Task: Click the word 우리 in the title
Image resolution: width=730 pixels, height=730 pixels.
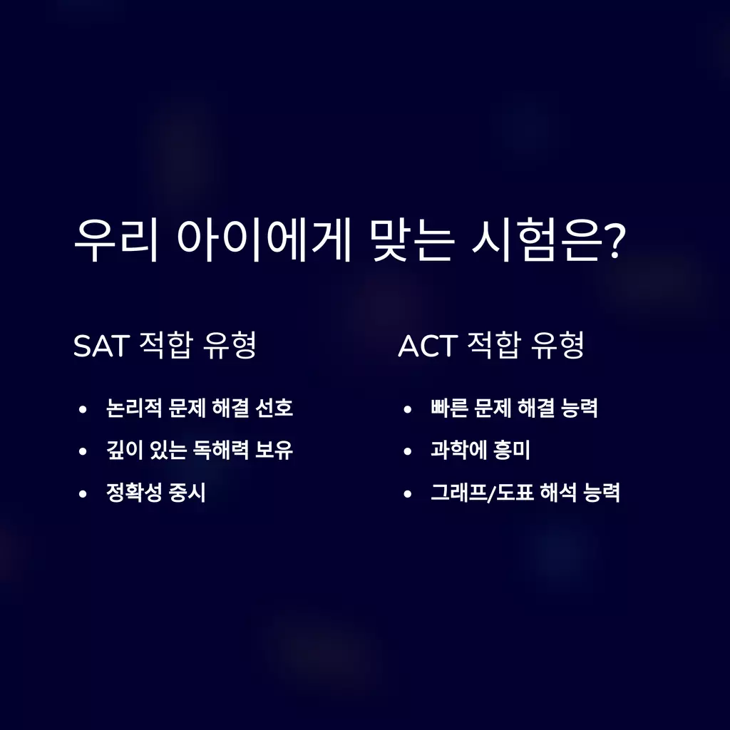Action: click(x=116, y=240)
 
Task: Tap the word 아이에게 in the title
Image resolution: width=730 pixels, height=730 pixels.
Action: click(x=264, y=240)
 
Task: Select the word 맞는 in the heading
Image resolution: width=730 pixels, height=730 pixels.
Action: click(x=413, y=240)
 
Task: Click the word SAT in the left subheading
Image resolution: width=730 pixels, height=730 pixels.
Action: click(x=101, y=346)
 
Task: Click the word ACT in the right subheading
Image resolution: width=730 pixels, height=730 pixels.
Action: click(x=426, y=346)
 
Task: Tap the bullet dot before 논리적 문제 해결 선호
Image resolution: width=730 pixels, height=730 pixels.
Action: click(x=83, y=409)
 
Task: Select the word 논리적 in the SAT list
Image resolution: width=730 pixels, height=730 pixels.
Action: click(x=134, y=408)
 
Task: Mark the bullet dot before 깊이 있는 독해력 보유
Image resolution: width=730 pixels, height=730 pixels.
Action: click(x=83, y=451)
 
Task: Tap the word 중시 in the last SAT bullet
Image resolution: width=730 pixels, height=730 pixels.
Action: click(x=187, y=492)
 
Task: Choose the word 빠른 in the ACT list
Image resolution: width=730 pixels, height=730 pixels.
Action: click(x=449, y=408)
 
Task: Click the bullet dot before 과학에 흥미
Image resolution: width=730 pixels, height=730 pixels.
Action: click(x=408, y=451)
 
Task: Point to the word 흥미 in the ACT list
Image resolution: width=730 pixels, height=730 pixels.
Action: click(x=511, y=450)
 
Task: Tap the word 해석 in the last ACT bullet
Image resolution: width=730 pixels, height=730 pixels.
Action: click(x=558, y=492)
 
